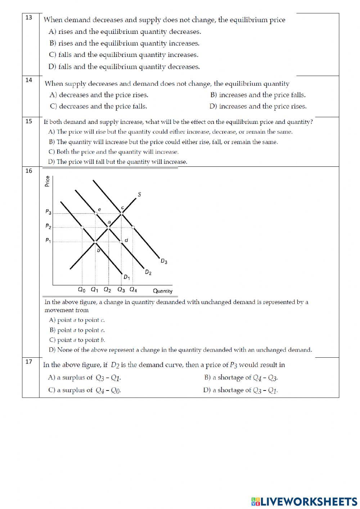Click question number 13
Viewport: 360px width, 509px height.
click(29, 17)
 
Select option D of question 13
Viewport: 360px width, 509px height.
click(124, 67)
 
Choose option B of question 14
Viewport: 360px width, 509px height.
click(258, 95)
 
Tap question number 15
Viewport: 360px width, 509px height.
click(29, 121)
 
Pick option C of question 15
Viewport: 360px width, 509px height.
click(114, 152)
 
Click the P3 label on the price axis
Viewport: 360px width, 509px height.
click(48, 212)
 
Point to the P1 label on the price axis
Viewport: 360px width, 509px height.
click(48, 240)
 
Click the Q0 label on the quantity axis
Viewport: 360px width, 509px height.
click(82, 290)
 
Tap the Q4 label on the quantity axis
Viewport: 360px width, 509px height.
click(133, 290)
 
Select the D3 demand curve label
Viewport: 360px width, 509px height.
click(164, 262)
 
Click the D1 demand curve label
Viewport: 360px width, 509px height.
click(127, 277)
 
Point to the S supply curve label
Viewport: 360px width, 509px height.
click(139, 195)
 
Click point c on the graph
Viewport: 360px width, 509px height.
click(121, 214)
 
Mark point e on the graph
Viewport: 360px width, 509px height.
click(96, 214)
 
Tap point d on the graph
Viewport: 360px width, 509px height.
click(121, 241)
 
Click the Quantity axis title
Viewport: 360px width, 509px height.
click(163, 291)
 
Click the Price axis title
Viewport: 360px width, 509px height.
click(47, 181)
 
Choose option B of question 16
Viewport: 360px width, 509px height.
click(77, 330)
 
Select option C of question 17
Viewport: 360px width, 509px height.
click(85, 390)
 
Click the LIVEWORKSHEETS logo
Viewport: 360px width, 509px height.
click(304, 501)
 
